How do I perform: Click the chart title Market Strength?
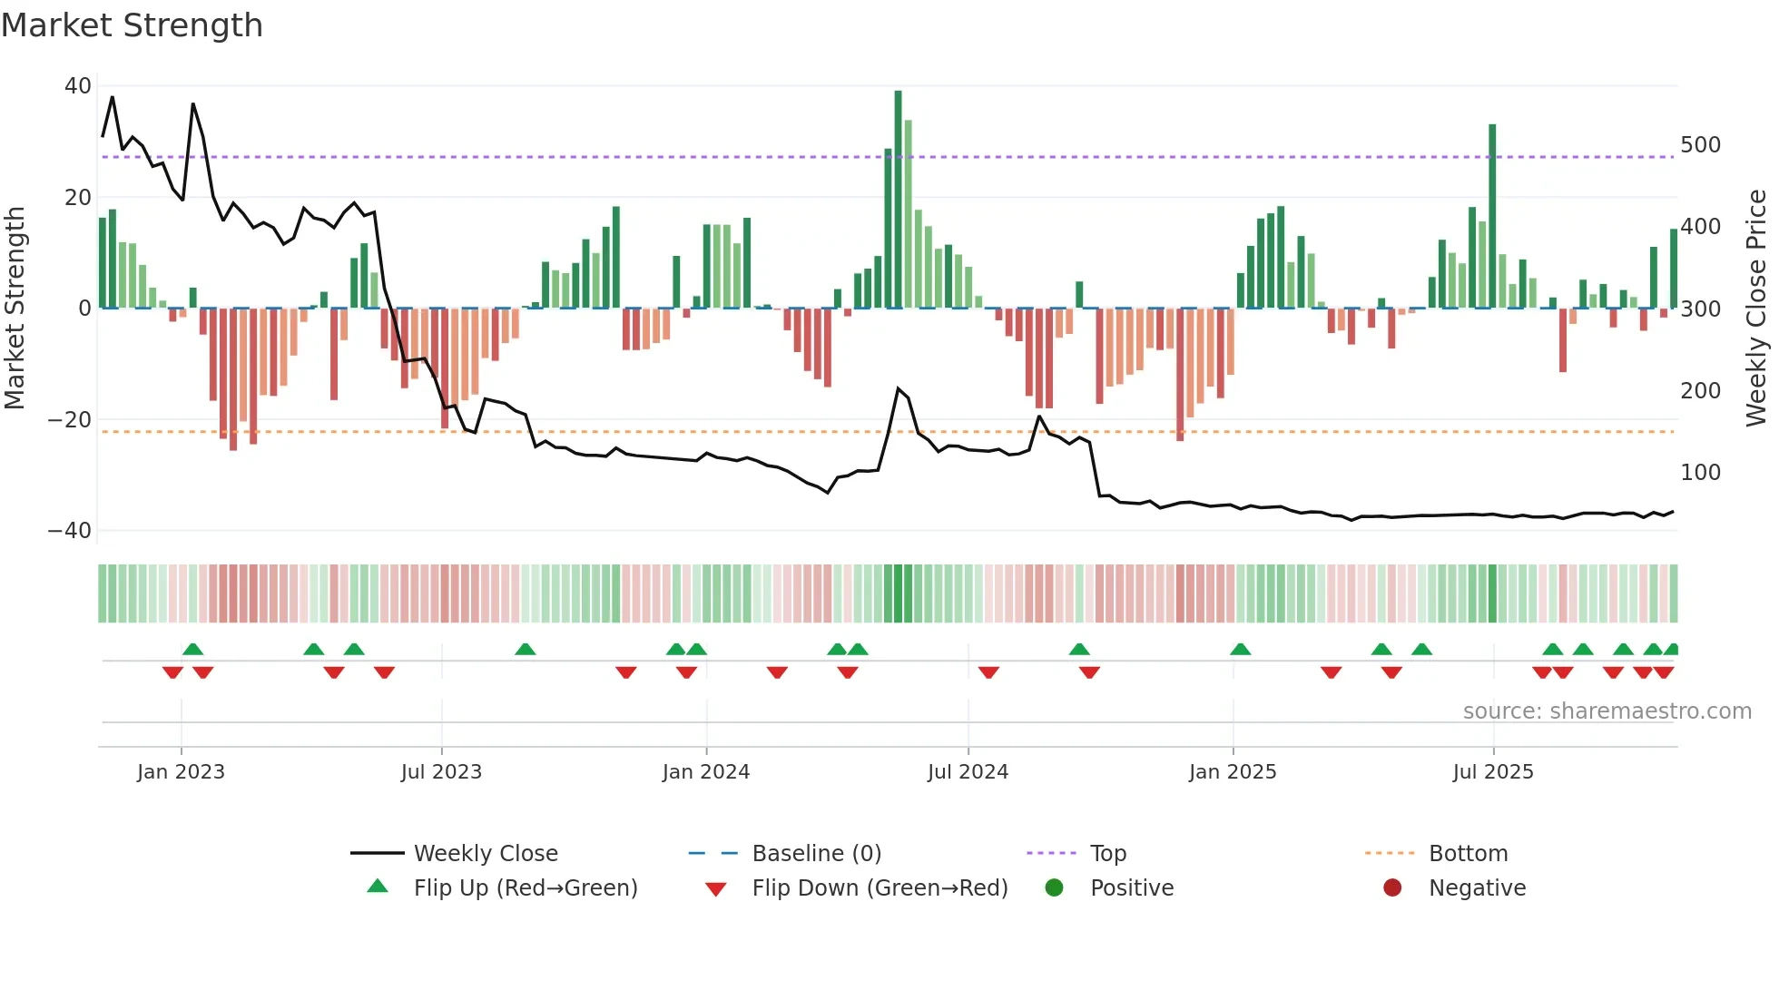[x=132, y=25]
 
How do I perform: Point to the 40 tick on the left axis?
[x=78, y=86]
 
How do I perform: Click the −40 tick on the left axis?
[x=70, y=531]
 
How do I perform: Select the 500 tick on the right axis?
[x=1700, y=145]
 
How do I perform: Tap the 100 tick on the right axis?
[x=1700, y=473]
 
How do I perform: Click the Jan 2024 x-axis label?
[x=705, y=772]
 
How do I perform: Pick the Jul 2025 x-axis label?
[x=1492, y=772]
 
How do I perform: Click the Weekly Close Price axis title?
[x=1756, y=309]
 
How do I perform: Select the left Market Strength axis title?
[x=15, y=309]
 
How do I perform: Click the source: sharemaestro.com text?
[x=1607, y=711]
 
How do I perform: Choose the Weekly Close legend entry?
[x=485, y=854]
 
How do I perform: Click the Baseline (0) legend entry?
[x=816, y=854]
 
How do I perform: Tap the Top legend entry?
[x=1107, y=854]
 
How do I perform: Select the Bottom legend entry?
[x=1468, y=854]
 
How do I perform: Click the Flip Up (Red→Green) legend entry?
[x=525, y=888]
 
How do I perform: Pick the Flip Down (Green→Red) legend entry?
[x=879, y=888]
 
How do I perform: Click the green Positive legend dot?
[x=1054, y=887]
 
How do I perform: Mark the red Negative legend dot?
[x=1392, y=887]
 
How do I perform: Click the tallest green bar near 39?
[x=898, y=200]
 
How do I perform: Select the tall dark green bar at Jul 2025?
[x=1492, y=218]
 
